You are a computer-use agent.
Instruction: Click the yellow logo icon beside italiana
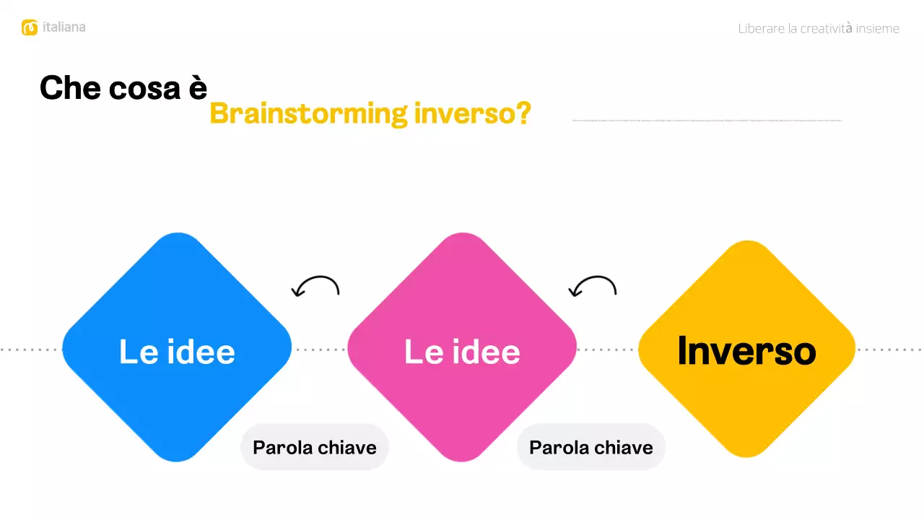pyautogui.click(x=30, y=27)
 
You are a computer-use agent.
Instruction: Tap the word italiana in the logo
pyautogui.click(x=64, y=27)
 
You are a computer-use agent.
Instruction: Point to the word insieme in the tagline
pyautogui.click(x=878, y=29)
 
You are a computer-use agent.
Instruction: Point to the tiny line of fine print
pyautogui.click(x=707, y=120)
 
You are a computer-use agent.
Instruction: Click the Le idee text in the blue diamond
pyautogui.click(x=177, y=352)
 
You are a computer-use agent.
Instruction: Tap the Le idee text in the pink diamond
pyautogui.click(x=462, y=352)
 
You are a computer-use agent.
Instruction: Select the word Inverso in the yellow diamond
pyautogui.click(x=746, y=351)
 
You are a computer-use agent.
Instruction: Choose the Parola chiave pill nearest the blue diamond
pyautogui.click(x=315, y=447)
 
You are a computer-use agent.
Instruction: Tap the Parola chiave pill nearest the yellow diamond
pyautogui.click(x=590, y=447)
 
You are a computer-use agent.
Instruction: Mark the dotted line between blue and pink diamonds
pyautogui.click(x=320, y=350)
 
